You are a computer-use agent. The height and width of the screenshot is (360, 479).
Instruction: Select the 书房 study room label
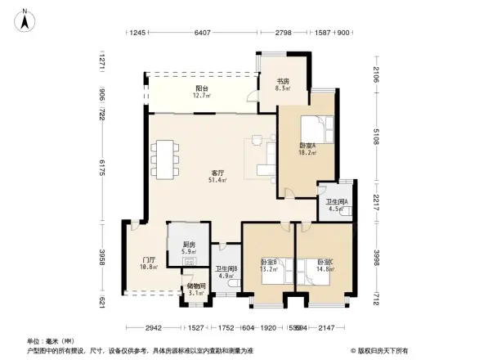click(283, 81)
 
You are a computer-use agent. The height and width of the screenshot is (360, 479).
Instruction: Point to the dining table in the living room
click(168, 160)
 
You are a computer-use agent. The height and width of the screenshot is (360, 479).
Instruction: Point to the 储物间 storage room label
click(195, 286)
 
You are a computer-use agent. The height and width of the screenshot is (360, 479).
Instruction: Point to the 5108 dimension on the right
click(378, 135)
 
